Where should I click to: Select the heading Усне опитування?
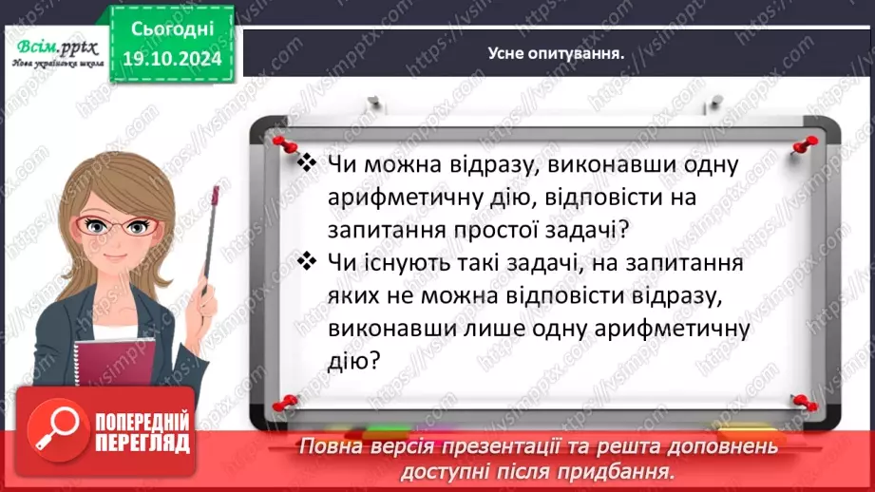555,53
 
